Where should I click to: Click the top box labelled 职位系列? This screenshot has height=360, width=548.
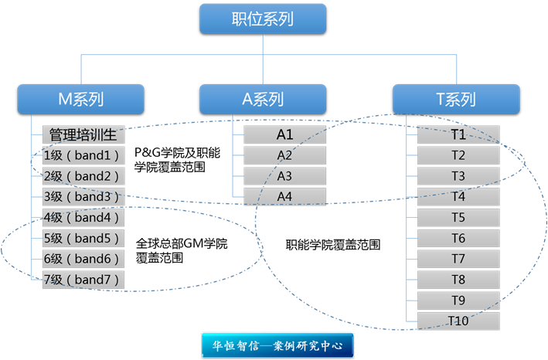click(x=263, y=19)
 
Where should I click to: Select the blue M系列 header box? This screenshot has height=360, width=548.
click(x=81, y=99)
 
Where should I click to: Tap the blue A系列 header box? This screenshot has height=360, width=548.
click(x=263, y=99)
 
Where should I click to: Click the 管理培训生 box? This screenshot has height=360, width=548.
click(x=83, y=134)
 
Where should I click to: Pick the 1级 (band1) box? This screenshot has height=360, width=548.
click(x=83, y=155)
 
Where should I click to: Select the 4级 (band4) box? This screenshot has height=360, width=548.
click(x=83, y=217)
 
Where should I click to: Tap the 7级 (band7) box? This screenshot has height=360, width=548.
click(x=83, y=279)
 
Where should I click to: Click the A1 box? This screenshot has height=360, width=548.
click(x=284, y=134)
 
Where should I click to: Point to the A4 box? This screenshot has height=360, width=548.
click(x=284, y=196)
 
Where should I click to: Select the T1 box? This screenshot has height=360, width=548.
click(x=458, y=134)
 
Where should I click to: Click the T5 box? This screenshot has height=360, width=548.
click(x=458, y=217)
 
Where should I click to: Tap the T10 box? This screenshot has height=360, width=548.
click(x=458, y=321)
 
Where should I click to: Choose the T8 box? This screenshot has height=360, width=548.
click(x=458, y=279)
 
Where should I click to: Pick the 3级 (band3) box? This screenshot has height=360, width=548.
click(x=83, y=196)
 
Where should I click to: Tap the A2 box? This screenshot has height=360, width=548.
click(x=284, y=155)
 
